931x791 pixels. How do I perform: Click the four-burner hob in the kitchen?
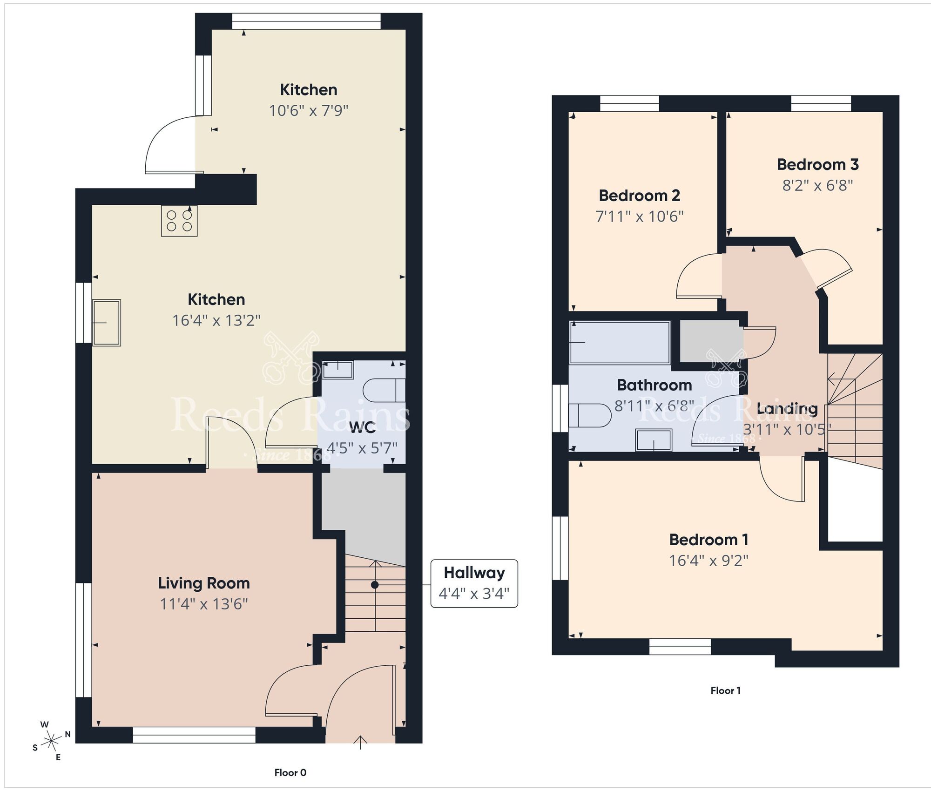click(179, 221)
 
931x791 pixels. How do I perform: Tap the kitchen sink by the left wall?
click(107, 323)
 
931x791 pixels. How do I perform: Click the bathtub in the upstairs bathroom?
click(620, 343)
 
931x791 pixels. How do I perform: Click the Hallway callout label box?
click(474, 583)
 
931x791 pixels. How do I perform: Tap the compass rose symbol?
click(51, 740)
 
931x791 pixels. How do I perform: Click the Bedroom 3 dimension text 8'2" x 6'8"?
click(817, 186)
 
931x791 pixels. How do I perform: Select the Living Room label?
click(204, 583)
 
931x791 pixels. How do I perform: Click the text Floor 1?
click(725, 690)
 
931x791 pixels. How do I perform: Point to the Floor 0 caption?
click(290, 773)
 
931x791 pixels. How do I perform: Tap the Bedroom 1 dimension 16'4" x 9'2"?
click(708, 561)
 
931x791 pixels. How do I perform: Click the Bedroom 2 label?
click(639, 196)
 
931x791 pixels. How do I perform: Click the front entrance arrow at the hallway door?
click(360, 742)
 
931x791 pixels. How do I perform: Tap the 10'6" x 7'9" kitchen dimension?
click(309, 111)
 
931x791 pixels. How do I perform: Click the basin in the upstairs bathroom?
click(654, 440)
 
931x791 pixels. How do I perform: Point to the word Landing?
click(787, 409)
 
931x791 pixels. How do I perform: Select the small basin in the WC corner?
click(338, 370)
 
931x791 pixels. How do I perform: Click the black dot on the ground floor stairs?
click(375, 585)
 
